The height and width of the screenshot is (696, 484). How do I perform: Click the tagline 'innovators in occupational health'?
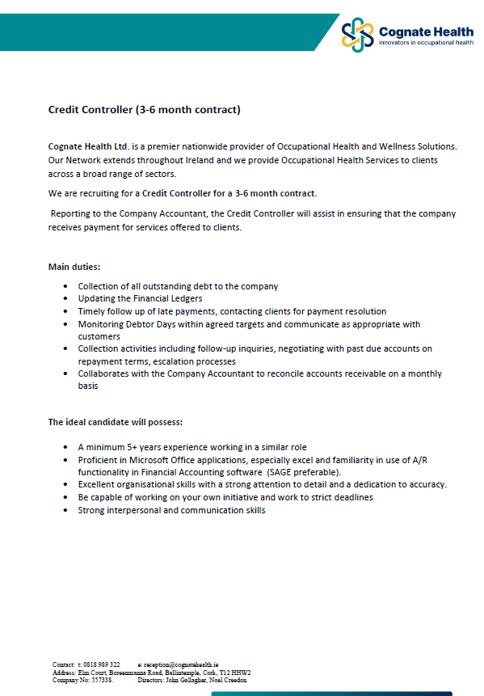point(426,42)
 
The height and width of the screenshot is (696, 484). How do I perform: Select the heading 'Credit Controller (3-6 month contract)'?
point(144,109)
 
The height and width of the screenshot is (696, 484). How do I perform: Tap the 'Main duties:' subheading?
point(74,266)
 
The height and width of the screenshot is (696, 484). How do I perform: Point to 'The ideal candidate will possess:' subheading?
point(115,422)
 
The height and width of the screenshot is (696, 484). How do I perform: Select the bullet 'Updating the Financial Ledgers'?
point(140,299)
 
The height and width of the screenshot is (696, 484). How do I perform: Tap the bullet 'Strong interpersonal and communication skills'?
point(171,510)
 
